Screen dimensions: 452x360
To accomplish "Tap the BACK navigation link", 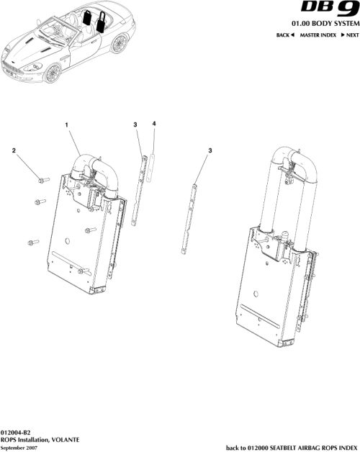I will click(x=286, y=35).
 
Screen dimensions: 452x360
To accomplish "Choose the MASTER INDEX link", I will click(x=315, y=35).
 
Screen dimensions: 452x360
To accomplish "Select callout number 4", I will click(x=154, y=124).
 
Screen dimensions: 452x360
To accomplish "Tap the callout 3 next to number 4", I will click(x=135, y=125).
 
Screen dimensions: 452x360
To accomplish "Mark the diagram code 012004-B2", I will click(x=16, y=431).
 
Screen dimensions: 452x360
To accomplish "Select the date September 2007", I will click(x=20, y=447).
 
